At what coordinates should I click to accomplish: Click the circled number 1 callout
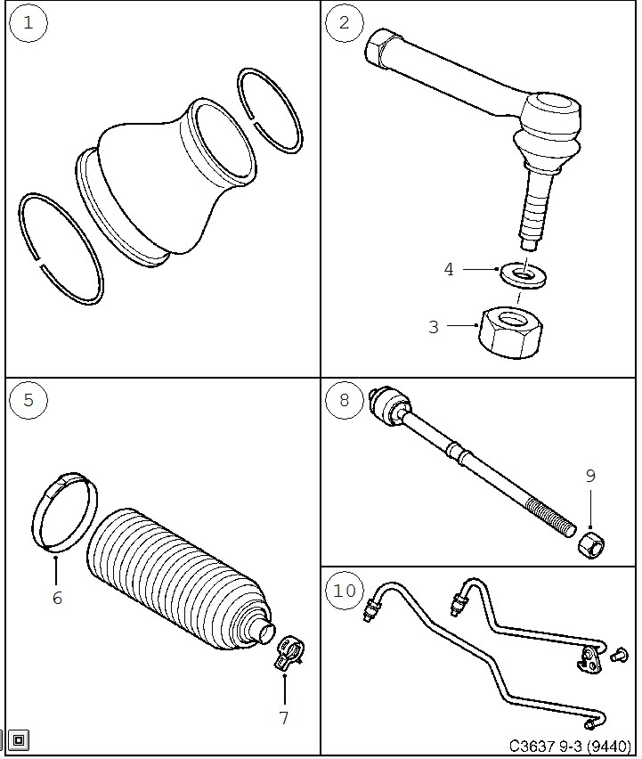[x=28, y=24]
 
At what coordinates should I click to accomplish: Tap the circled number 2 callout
[x=345, y=24]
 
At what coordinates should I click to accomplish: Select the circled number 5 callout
[x=28, y=400]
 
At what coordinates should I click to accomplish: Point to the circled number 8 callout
[x=345, y=400]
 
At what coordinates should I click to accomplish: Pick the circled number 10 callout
[x=345, y=590]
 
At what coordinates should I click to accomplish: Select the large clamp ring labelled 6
[x=64, y=515]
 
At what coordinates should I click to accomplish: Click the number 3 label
[x=434, y=327]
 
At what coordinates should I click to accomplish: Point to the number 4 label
[x=449, y=268]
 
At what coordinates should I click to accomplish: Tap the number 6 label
[x=57, y=598]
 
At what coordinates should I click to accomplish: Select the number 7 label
[x=284, y=717]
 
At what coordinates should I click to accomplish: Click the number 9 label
[x=589, y=476]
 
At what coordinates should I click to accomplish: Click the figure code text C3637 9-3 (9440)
[x=570, y=745]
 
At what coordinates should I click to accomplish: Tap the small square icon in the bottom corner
[x=19, y=739]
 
